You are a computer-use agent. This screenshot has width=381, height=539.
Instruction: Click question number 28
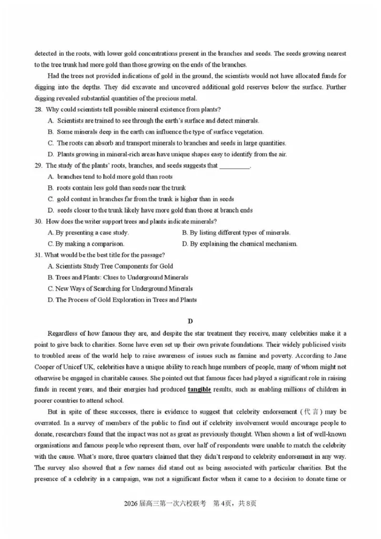pos(38,110)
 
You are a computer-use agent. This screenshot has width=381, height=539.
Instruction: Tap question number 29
pos(38,166)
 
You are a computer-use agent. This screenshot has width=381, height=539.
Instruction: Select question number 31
pos(38,255)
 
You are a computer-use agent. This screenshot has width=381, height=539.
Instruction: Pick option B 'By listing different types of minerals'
pos(236,233)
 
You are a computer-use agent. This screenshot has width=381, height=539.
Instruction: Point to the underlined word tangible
pos(200,390)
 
